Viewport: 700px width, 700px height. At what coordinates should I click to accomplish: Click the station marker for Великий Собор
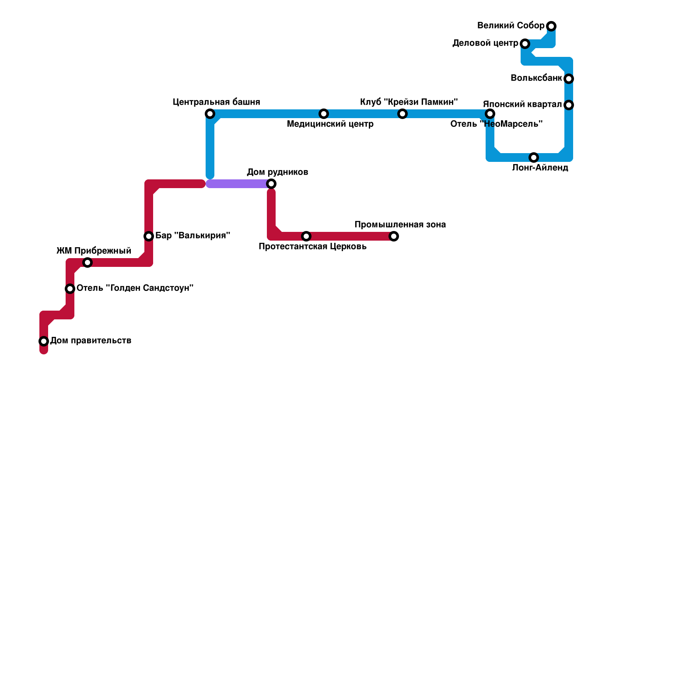552,26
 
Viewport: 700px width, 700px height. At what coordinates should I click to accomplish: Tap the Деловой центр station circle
525,44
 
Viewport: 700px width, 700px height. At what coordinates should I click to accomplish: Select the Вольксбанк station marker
569,79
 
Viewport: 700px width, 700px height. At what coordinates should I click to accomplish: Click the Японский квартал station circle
569,105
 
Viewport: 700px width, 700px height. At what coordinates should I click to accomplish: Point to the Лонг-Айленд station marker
534,157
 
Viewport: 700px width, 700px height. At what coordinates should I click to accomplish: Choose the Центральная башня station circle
210,114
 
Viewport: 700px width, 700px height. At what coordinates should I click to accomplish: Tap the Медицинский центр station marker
324,114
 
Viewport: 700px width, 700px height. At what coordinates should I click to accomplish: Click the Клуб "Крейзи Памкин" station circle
402,114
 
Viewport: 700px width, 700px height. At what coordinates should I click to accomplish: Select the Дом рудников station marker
271,184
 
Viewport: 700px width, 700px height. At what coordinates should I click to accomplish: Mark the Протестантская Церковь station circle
306,236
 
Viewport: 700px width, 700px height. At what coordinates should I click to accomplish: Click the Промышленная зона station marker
394,236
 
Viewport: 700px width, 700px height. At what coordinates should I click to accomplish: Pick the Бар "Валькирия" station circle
149,236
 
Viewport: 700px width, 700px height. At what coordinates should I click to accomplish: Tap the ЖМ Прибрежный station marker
87,262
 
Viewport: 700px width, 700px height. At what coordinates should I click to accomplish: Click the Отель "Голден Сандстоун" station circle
70,289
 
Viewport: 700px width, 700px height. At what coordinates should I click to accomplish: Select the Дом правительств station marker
44,341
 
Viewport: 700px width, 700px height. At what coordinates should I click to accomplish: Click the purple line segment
238,184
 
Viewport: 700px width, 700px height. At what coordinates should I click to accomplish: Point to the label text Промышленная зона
400,225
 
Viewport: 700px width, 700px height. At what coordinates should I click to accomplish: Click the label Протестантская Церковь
312,247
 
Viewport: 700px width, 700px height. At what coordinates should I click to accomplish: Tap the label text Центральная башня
216,102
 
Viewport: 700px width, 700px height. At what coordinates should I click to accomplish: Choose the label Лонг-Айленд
540,168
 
